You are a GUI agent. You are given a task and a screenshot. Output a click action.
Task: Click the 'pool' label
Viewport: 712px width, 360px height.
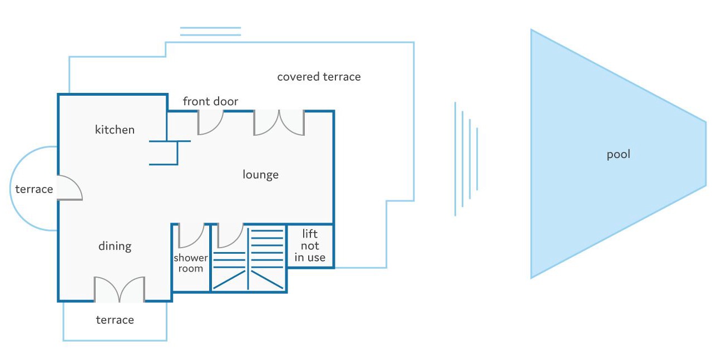click(618, 154)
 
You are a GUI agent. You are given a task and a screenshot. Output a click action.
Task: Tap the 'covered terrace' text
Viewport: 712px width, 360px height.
click(319, 77)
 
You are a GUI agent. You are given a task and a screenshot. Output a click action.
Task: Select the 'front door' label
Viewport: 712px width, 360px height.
click(210, 101)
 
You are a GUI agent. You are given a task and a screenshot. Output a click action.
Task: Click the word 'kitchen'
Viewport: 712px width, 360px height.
click(115, 130)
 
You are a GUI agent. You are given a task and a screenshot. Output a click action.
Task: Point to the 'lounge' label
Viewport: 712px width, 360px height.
click(260, 175)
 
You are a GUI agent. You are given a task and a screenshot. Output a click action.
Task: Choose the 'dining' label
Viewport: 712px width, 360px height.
click(115, 246)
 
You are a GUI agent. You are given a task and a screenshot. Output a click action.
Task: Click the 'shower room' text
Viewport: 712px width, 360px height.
click(191, 263)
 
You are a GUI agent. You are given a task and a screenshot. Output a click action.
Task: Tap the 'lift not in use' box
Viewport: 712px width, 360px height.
click(310, 245)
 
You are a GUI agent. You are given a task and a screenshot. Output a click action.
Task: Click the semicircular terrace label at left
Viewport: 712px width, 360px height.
click(34, 189)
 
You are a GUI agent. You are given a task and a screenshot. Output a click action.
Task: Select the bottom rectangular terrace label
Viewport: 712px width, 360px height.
click(115, 320)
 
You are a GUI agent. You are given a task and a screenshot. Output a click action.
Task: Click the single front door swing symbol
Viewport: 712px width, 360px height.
click(210, 122)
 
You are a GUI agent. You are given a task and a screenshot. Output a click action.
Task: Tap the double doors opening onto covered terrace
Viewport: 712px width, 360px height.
click(279, 123)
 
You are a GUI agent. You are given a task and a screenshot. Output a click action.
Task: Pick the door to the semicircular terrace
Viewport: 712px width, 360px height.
click(70, 188)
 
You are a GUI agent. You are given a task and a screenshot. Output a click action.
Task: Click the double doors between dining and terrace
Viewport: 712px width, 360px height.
click(119, 289)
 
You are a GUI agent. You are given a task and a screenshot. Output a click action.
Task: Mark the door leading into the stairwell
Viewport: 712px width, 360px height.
click(230, 235)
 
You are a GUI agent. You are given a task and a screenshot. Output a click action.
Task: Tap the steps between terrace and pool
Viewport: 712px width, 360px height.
click(466, 159)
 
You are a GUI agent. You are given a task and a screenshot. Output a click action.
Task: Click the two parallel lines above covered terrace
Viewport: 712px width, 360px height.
click(210, 31)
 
